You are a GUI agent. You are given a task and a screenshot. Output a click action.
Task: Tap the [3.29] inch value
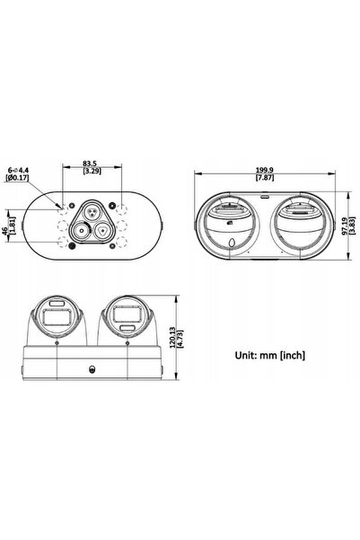point(92,171)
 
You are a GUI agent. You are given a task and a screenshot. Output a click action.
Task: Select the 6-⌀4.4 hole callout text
point(19,170)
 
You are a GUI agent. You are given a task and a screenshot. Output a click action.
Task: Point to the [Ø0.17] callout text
point(17,178)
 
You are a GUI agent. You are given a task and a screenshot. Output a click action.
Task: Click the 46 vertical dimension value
point(5,230)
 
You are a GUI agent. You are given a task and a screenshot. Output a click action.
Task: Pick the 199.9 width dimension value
point(264,170)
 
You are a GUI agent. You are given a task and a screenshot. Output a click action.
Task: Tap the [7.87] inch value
point(264,178)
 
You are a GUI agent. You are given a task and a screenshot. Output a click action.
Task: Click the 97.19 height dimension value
point(345,226)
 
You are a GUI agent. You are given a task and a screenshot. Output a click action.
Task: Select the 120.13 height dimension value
point(173,338)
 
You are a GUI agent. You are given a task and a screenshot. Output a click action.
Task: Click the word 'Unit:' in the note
point(246,355)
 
